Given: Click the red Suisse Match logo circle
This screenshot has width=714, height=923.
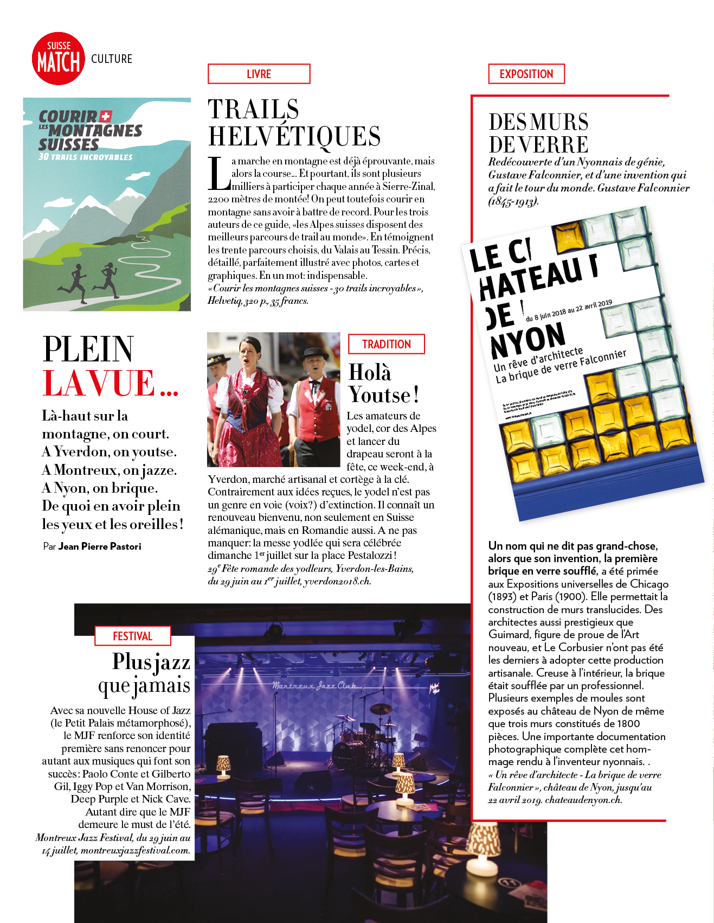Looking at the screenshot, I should click(59, 59).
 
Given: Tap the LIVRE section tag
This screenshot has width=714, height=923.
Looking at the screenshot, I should click(259, 74).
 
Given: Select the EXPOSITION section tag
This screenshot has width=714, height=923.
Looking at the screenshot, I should click(526, 74).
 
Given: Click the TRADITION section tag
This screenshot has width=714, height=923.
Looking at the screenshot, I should click(386, 344).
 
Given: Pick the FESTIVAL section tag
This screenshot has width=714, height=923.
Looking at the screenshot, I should click(132, 636).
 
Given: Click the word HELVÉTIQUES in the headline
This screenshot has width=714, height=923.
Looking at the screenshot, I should click(294, 136).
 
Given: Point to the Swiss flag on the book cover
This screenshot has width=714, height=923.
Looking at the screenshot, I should click(106, 116).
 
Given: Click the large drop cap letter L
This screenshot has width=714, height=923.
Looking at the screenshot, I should click(218, 174).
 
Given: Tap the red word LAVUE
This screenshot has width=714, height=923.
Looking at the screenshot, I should click(99, 383).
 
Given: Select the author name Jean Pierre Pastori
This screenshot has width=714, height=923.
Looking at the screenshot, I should click(100, 546).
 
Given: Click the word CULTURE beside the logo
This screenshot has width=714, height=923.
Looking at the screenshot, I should click(112, 59).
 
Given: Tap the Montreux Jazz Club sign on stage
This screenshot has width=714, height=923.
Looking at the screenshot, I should click(314, 686).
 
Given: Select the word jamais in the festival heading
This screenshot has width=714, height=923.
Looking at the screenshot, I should click(162, 686).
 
